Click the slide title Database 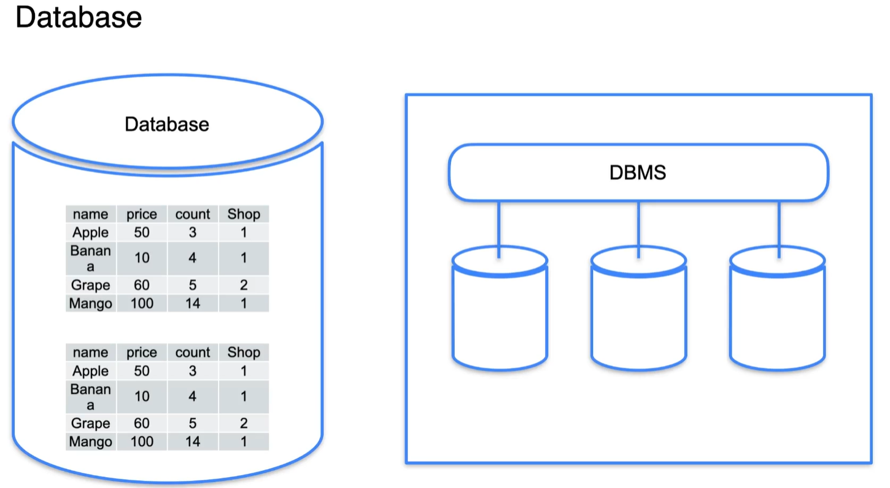pyautogui.click(x=78, y=17)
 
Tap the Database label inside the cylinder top pyautogui.click(x=167, y=124)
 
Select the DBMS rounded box pyautogui.click(x=638, y=172)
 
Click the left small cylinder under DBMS pyautogui.click(x=500, y=310)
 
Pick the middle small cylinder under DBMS pyautogui.click(x=638, y=310)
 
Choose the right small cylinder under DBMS pyautogui.click(x=777, y=310)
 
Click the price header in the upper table pyautogui.click(x=142, y=214)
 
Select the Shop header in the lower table pyautogui.click(x=244, y=352)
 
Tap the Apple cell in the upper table pyautogui.click(x=90, y=233)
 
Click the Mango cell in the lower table pyautogui.click(x=91, y=441)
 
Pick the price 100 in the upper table pyautogui.click(x=142, y=303)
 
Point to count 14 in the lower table pyautogui.click(x=193, y=441)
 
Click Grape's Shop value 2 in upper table pyautogui.click(x=244, y=285)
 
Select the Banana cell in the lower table pyautogui.click(x=91, y=397)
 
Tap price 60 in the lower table pyautogui.click(x=142, y=423)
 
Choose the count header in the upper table pyautogui.click(x=193, y=214)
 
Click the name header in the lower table pyautogui.click(x=90, y=352)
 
